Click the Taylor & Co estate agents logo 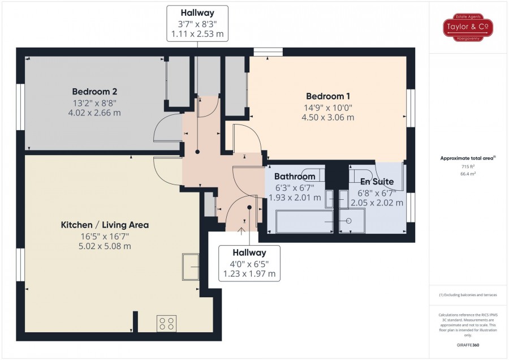(x=468, y=27)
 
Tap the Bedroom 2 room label (x=94, y=92)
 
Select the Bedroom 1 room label (x=328, y=96)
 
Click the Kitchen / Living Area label (x=105, y=225)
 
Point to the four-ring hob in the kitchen (x=166, y=323)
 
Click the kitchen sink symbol (x=191, y=267)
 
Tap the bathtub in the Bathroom (x=304, y=221)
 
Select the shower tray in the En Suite (x=352, y=221)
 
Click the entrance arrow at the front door (x=241, y=231)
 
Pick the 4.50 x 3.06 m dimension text (x=328, y=118)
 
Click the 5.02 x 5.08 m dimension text (x=105, y=246)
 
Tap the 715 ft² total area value (x=468, y=166)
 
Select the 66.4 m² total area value (x=468, y=174)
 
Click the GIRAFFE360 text (x=468, y=345)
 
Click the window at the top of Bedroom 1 (x=268, y=52)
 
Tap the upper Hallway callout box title (x=197, y=13)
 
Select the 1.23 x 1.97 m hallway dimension (x=249, y=274)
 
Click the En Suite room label (x=377, y=182)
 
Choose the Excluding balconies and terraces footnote (x=468, y=295)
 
